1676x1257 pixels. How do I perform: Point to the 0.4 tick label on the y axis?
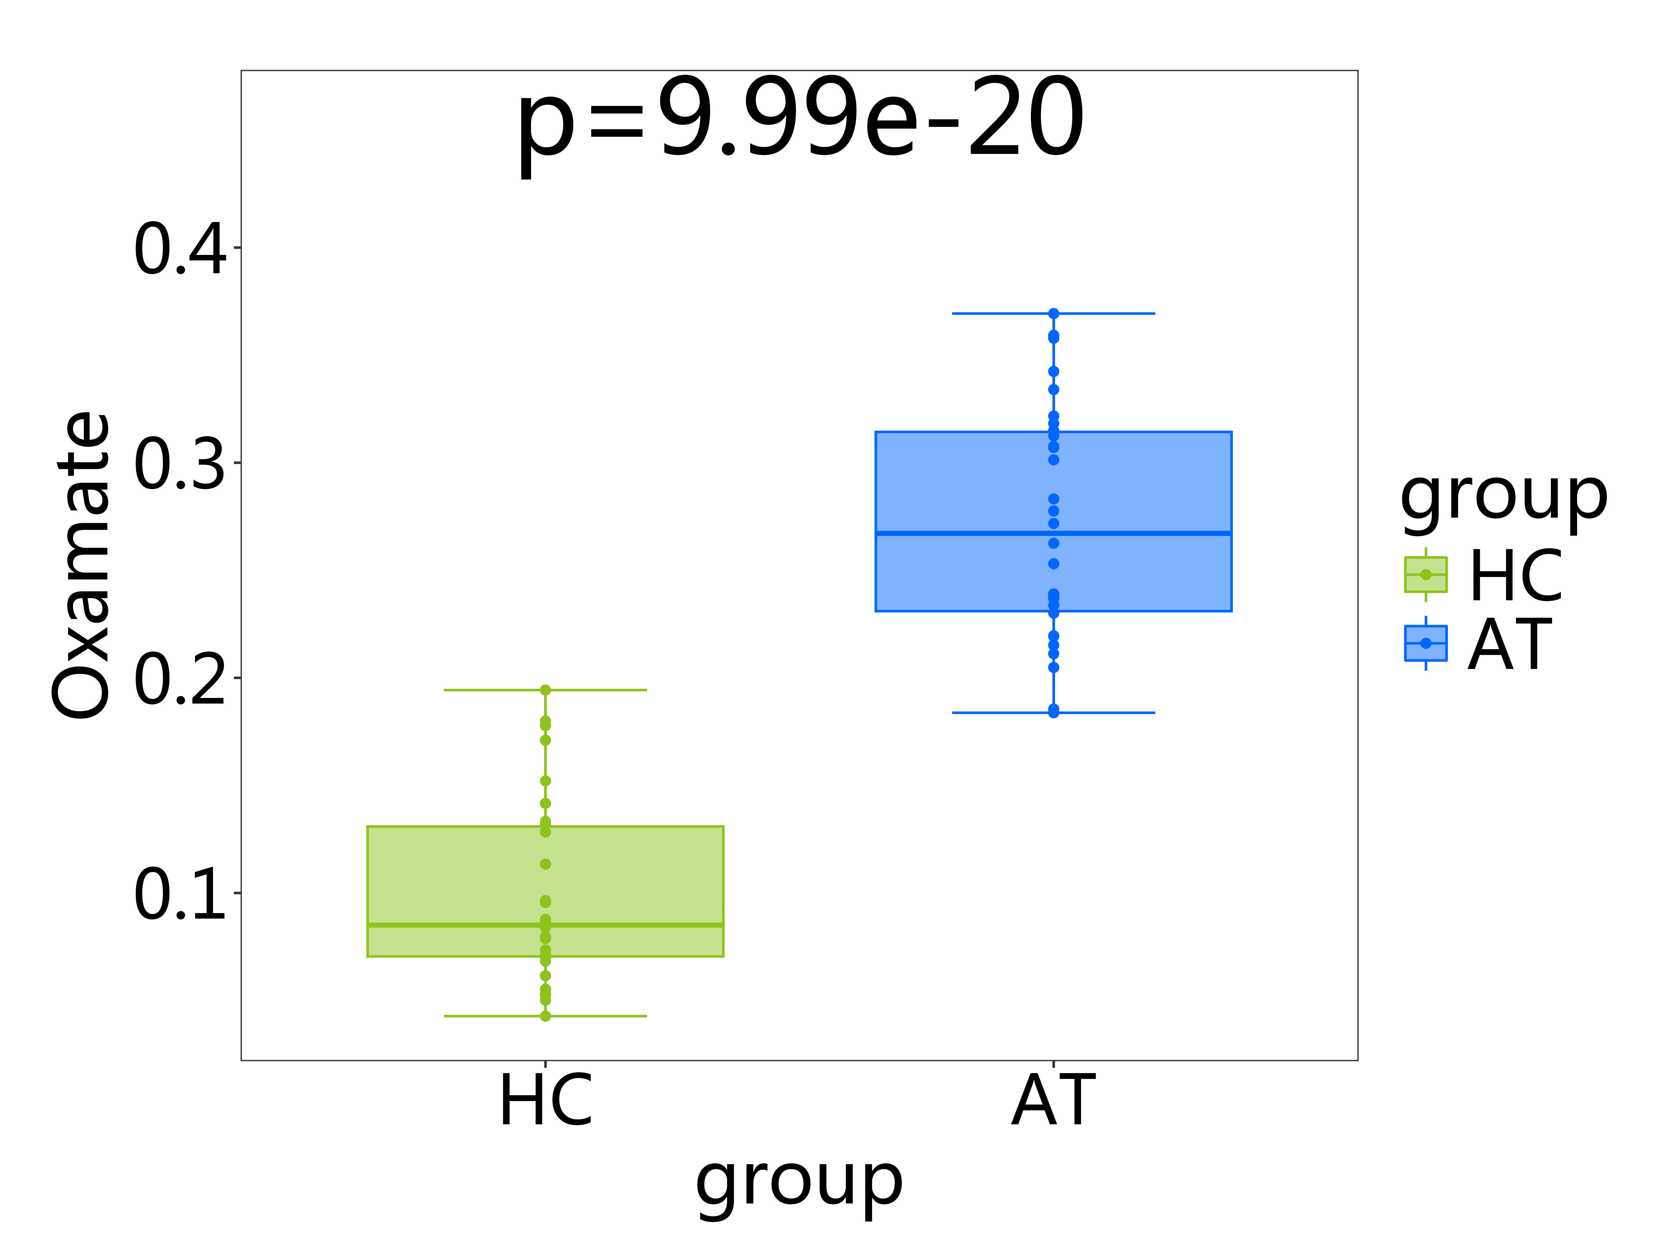coord(180,249)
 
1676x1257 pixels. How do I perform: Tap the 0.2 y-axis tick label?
coord(180,679)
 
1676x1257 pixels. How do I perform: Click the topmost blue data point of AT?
coord(1053,313)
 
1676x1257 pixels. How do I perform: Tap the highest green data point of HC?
coord(545,690)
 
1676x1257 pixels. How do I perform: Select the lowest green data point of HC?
coord(545,1016)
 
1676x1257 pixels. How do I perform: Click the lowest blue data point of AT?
coord(1053,712)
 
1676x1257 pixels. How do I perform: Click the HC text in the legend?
coord(1515,576)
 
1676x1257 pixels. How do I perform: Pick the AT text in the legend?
coord(1510,645)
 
